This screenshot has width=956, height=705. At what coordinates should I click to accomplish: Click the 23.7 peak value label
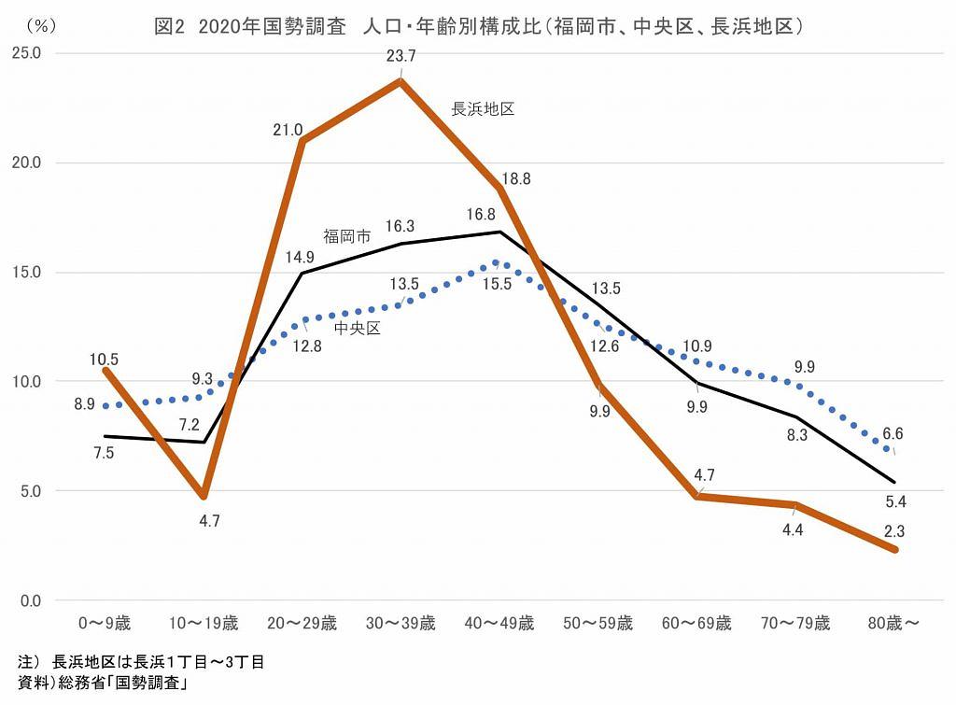pos(401,57)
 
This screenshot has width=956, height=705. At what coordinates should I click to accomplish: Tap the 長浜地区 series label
pos(483,109)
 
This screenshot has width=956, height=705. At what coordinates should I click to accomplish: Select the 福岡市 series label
pos(347,237)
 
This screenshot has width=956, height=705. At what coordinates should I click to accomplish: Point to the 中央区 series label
pos(357,328)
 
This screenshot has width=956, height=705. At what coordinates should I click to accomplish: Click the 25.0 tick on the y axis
pos(26,53)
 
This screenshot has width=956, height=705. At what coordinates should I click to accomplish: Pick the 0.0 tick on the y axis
pos(30,600)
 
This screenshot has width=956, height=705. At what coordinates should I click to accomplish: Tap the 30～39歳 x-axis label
pos(401,624)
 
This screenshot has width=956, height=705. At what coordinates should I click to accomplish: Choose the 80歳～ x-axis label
pos(894,624)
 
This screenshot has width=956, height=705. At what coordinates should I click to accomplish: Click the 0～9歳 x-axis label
pos(103,624)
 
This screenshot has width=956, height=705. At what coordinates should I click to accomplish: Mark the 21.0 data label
pos(288,131)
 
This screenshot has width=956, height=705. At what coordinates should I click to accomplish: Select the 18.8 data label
pos(515,179)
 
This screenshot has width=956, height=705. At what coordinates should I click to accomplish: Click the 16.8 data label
pos(481,215)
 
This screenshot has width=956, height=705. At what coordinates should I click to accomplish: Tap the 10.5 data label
pos(104,360)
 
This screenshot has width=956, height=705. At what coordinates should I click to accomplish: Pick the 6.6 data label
pos(893,433)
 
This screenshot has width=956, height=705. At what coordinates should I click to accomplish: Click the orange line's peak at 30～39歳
pos(401,81)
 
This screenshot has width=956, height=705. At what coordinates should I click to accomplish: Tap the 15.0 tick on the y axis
pos(26,273)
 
